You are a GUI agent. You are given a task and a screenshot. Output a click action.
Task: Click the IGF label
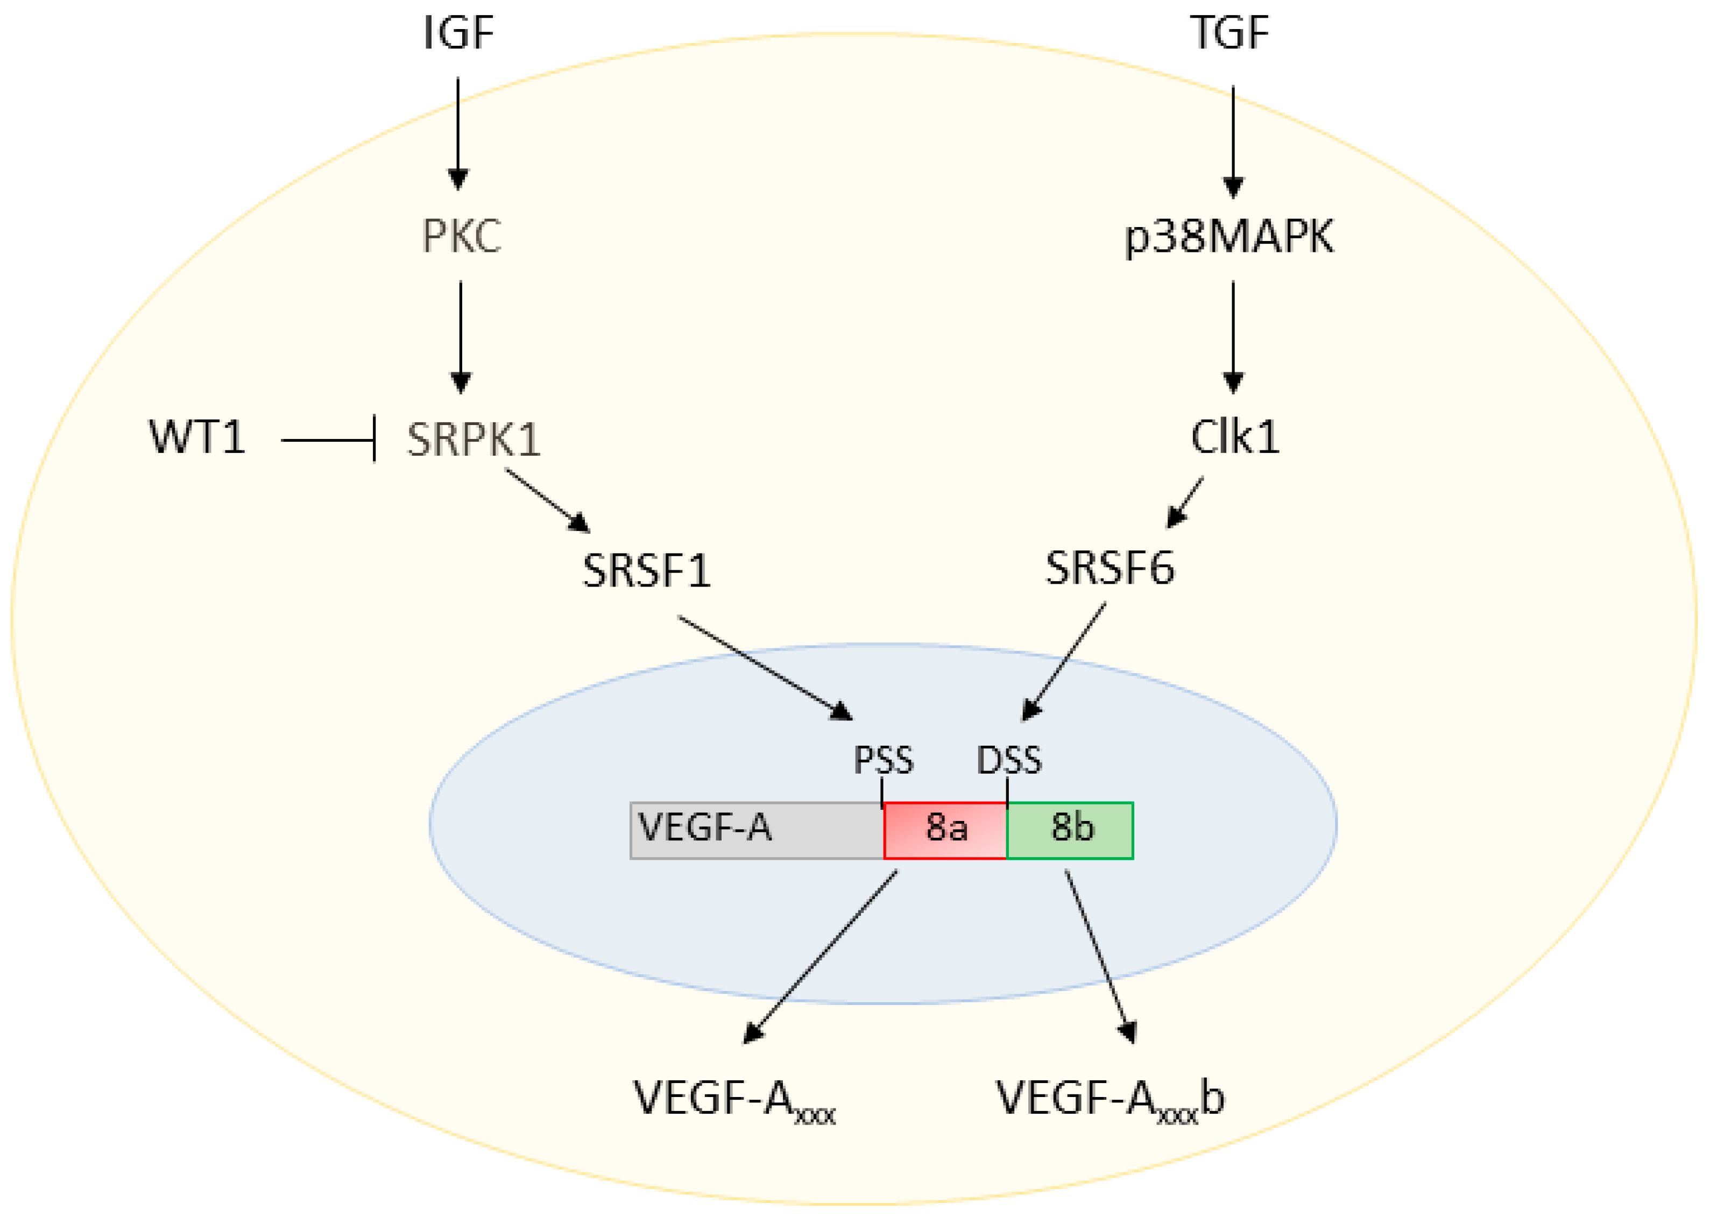click(x=458, y=33)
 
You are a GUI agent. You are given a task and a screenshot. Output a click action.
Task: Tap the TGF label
click(x=1230, y=33)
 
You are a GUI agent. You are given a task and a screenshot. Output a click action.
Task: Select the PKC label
click(x=461, y=236)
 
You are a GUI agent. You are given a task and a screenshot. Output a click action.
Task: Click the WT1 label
click(x=197, y=437)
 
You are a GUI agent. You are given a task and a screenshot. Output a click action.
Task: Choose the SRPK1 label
click(x=474, y=440)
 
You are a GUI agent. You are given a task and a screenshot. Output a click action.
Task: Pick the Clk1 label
click(x=1234, y=437)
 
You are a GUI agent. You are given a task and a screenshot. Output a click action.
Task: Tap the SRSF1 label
click(x=647, y=570)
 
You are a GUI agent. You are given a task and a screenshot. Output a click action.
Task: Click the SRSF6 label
click(x=1110, y=568)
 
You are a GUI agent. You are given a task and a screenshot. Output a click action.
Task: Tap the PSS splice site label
click(x=884, y=760)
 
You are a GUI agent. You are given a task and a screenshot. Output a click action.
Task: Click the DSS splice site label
click(x=1009, y=760)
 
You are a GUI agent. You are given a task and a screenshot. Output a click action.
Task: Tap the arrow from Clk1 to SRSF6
click(x=1185, y=502)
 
